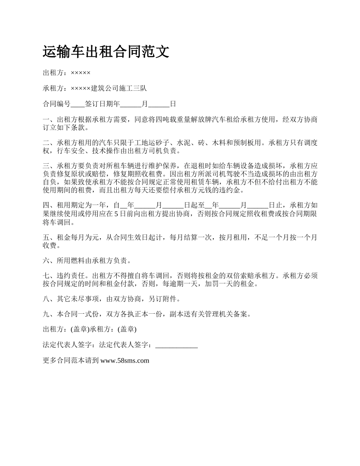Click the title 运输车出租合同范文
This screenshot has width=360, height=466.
[106, 52]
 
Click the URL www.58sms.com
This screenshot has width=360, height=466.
[125, 361]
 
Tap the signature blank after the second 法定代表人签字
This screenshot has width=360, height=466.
[177, 345]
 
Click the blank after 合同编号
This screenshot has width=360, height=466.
[78, 104]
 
